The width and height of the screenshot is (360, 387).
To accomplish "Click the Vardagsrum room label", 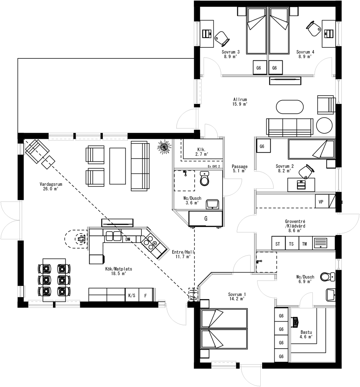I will click(51, 186).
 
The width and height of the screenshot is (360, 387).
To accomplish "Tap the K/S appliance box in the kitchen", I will click(132, 295).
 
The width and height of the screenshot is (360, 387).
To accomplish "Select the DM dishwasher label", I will click(128, 239).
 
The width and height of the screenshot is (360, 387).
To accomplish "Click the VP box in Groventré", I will click(321, 202).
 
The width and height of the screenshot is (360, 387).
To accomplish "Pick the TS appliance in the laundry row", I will click(291, 244).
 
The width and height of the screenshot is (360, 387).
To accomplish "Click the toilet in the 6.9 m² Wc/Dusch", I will click(327, 277).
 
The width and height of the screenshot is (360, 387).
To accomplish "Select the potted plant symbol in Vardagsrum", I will click(164, 147).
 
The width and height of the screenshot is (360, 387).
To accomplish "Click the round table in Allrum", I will click(324, 126).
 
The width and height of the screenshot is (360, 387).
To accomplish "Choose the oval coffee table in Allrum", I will click(289, 107).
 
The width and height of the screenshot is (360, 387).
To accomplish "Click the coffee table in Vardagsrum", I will click(118, 166).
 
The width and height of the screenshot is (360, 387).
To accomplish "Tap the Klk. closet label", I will click(201, 151).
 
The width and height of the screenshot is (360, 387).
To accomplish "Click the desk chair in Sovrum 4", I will click(313, 29).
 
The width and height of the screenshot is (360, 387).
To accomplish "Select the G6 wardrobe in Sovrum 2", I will click(262, 146).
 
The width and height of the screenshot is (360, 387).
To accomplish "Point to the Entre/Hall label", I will click(183, 254).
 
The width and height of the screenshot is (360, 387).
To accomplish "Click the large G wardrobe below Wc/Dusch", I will click(206, 219).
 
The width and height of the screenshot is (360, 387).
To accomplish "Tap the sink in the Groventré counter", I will click(320, 243).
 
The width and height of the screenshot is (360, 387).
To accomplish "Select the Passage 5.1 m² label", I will click(239, 168).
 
